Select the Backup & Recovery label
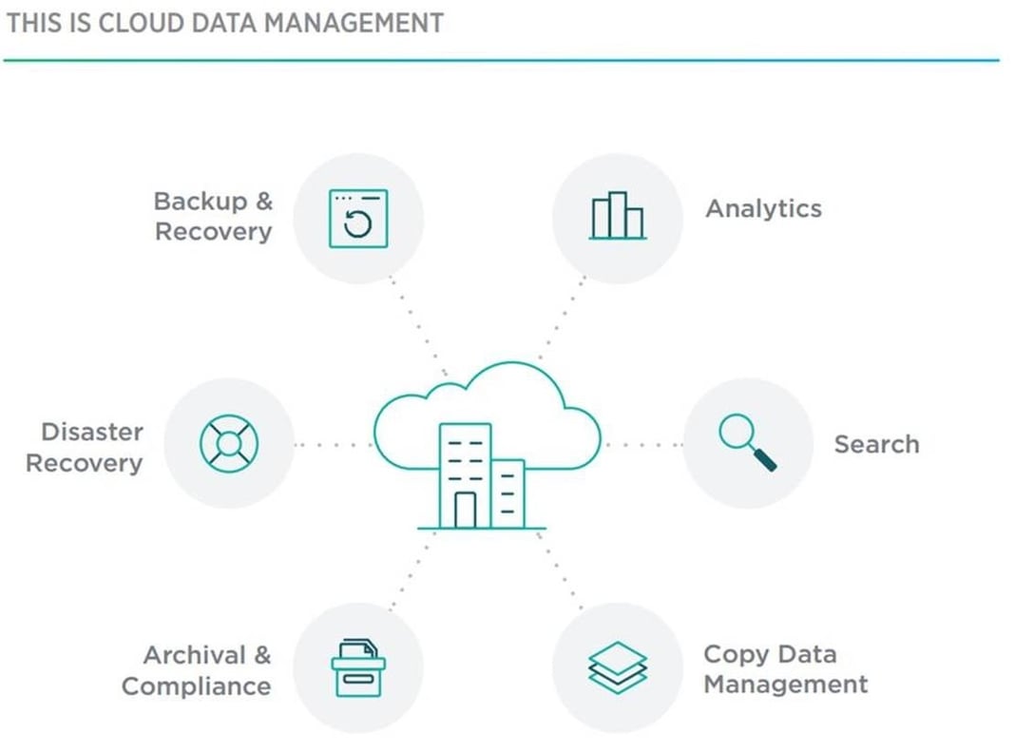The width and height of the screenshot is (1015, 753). (214, 217)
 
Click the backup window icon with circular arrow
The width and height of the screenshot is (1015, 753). (358, 219)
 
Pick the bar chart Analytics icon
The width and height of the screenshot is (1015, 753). (617, 216)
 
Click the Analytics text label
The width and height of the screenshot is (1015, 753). (763, 209)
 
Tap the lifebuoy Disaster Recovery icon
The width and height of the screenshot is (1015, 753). (229, 443)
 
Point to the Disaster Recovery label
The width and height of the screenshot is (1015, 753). (85, 448)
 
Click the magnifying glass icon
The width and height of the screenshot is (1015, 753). (747, 442)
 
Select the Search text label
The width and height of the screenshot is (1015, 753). (876, 444)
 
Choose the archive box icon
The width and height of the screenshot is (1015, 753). (358, 667)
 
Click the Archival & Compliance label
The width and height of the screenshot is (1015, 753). (197, 671)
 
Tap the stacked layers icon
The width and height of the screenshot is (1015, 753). (617, 666)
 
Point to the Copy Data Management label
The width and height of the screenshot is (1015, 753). (785, 669)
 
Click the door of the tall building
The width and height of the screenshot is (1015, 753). (465, 510)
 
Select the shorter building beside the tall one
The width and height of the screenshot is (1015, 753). (509, 493)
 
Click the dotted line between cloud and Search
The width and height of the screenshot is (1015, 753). (642, 444)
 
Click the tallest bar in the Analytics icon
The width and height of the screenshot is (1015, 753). (618, 215)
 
